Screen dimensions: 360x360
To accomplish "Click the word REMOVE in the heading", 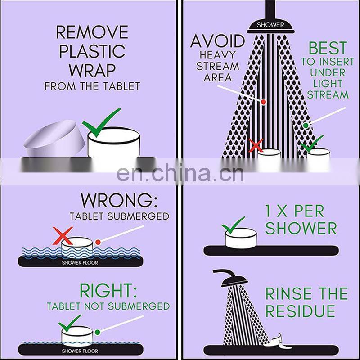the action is point(92,32).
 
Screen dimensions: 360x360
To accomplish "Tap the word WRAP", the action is point(92,70).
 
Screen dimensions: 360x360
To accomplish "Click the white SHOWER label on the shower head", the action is point(270,25).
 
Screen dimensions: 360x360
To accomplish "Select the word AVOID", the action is point(218,41).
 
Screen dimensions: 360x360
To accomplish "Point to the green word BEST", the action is point(328,48).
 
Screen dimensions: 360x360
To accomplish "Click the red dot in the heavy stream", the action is point(263,102).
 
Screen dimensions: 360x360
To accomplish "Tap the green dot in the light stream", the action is point(306,126).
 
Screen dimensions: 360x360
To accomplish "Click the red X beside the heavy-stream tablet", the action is point(256,145).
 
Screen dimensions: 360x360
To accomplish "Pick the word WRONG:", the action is point(119,201).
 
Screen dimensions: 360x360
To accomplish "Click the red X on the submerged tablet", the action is point(63,235).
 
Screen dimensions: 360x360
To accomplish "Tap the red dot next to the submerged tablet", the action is point(98,242).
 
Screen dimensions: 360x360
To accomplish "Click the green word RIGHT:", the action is point(108,291).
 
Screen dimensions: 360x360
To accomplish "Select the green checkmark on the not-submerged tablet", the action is point(70,323).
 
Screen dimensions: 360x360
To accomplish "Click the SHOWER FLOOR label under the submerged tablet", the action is point(80,263).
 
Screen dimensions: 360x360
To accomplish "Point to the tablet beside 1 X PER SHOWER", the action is point(241,238).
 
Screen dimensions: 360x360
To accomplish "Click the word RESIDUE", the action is point(300,311).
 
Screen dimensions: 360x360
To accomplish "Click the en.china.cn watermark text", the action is point(180,173).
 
